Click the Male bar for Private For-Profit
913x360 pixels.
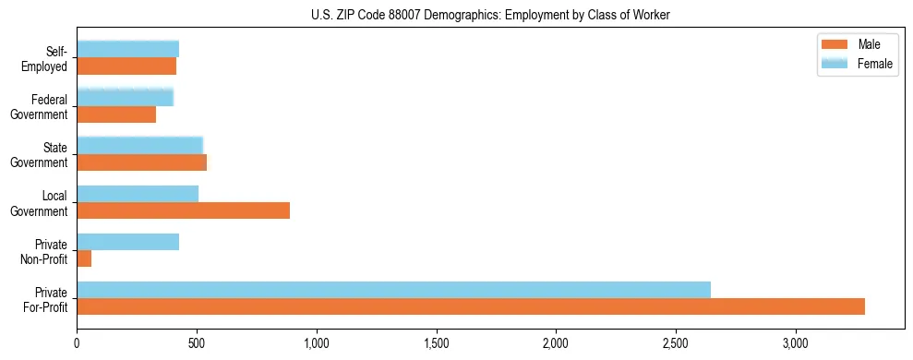click(471, 306)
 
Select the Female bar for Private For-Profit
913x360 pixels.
click(394, 290)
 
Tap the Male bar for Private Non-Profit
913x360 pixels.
click(84, 258)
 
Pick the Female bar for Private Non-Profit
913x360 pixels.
click(128, 242)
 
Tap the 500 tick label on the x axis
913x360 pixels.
click(197, 342)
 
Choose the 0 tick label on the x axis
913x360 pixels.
click(78, 342)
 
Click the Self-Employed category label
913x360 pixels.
click(45, 58)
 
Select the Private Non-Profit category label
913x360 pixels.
click(45, 251)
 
